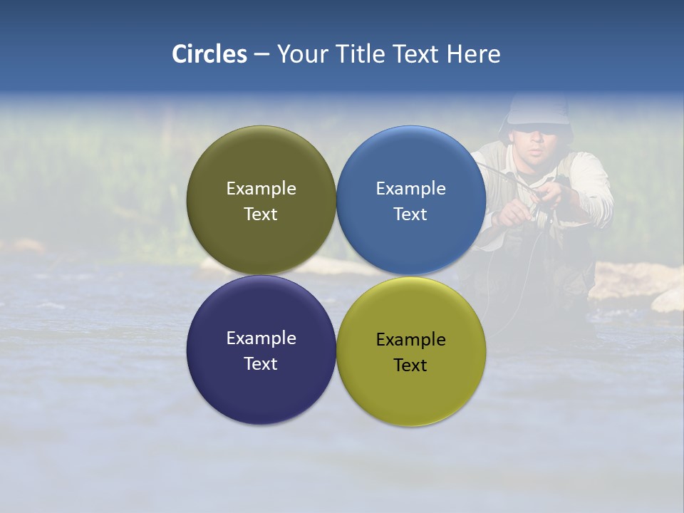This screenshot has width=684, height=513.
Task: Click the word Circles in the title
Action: pyautogui.click(x=209, y=54)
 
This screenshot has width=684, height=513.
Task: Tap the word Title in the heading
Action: pyautogui.click(x=361, y=54)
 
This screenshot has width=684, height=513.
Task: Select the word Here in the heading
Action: pyautogui.click(x=473, y=54)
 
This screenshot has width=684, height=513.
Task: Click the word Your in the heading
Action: pyautogui.click(x=302, y=54)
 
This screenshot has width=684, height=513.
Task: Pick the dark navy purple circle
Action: pyautogui.click(x=261, y=385)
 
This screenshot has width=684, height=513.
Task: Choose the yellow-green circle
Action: pyautogui.click(x=411, y=388)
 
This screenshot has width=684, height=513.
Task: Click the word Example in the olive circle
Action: pyautogui.click(x=261, y=188)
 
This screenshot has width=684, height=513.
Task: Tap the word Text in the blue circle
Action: pyautogui.click(x=410, y=214)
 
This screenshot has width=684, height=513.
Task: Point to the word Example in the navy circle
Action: pyautogui.click(x=261, y=338)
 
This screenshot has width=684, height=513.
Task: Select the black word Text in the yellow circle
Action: pyautogui.click(x=410, y=366)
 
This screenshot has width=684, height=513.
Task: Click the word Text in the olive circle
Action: pyautogui.click(x=261, y=214)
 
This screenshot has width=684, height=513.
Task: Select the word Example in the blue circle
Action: pyautogui.click(x=410, y=188)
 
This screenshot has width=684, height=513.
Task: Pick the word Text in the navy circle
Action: pyautogui.click(x=261, y=364)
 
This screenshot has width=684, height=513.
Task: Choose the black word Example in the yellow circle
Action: pyautogui.click(x=410, y=340)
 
